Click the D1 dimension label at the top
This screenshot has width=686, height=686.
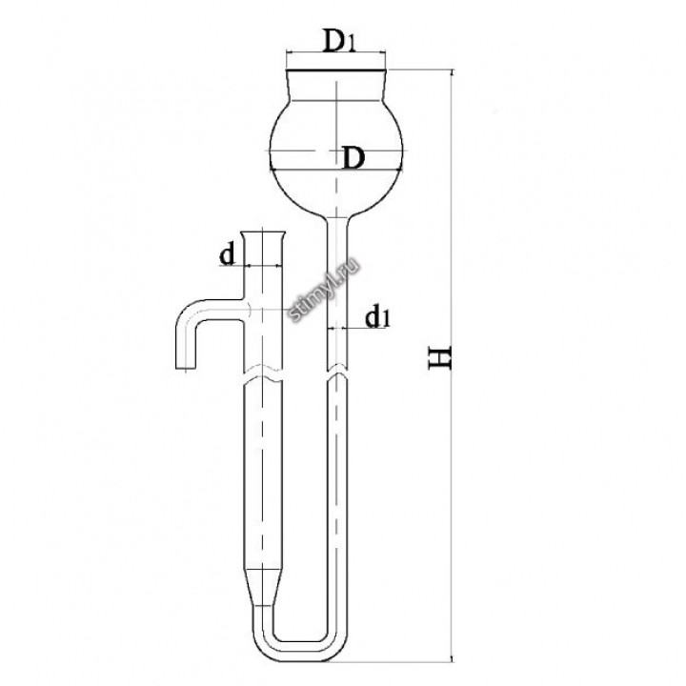(x=338, y=40)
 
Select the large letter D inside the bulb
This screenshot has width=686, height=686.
(x=353, y=158)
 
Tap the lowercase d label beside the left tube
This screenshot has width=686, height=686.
(x=227, y=254)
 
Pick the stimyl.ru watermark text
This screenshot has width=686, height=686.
(x=325, y=290)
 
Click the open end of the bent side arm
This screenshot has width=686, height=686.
(x=186, y=369)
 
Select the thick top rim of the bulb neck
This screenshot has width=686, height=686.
(x=336, y=70)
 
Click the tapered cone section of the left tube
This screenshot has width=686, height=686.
(x=263, y=588)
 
